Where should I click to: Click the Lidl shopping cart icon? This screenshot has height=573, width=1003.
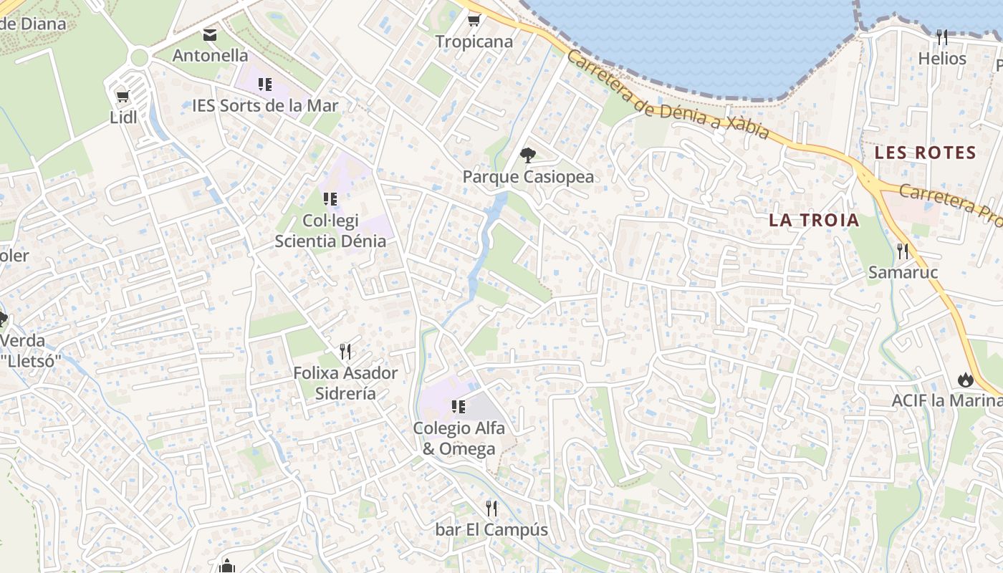point(123,96)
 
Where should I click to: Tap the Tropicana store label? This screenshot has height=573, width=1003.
point(474,42)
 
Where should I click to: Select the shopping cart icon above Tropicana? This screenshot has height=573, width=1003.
point(474,20)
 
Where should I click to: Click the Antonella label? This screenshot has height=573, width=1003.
point(210,55)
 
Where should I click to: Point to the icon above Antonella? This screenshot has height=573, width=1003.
point(210,34)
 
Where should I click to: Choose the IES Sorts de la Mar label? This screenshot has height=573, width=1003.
point(265,106)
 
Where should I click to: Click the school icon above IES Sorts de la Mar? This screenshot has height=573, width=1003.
point(265,85)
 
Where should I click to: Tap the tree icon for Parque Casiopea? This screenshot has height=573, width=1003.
point(528,155)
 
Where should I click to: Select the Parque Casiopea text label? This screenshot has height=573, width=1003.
point(528,176)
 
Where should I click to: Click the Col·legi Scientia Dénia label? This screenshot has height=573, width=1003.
point(330,231)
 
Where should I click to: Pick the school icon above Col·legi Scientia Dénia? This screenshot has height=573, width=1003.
point(330,198)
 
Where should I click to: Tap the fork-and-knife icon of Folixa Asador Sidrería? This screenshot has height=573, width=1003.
point(345,351)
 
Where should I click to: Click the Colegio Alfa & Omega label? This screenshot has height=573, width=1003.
point(459,438)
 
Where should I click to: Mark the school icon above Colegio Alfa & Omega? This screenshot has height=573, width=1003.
point(459,407)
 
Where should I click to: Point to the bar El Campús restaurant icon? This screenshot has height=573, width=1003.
point(491,509)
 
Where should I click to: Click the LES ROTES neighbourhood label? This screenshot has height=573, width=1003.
point(925,153)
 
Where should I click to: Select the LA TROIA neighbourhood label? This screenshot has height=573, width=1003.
point(814,220)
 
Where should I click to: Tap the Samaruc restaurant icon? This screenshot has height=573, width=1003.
point(903,251)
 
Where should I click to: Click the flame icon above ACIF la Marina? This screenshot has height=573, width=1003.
point(965,380)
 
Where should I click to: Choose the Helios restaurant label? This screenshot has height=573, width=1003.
point(942,59)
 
